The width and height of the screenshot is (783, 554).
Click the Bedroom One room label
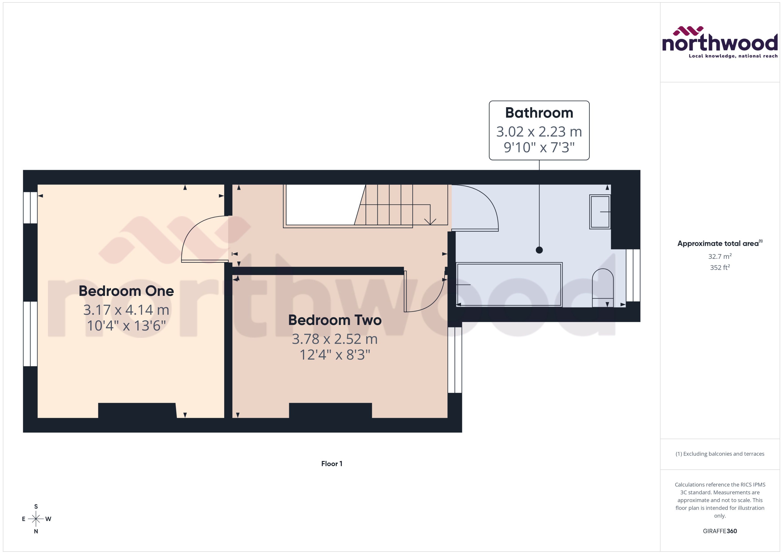click(126, 291)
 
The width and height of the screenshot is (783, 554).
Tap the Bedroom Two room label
click(335, 320)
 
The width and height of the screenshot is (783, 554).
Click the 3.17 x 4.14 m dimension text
click(126, 310)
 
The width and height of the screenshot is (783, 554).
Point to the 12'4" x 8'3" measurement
click(335, 355)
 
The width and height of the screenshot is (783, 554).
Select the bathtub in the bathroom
click(509, 284)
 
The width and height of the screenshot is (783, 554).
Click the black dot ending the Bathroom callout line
click(539, 250)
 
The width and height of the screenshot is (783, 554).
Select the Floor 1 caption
click(332, 464)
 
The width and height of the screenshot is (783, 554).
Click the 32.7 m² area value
click(719, 256)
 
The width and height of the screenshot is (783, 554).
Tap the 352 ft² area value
click(719, 267)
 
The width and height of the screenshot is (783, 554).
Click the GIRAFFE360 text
click(719, 531)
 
